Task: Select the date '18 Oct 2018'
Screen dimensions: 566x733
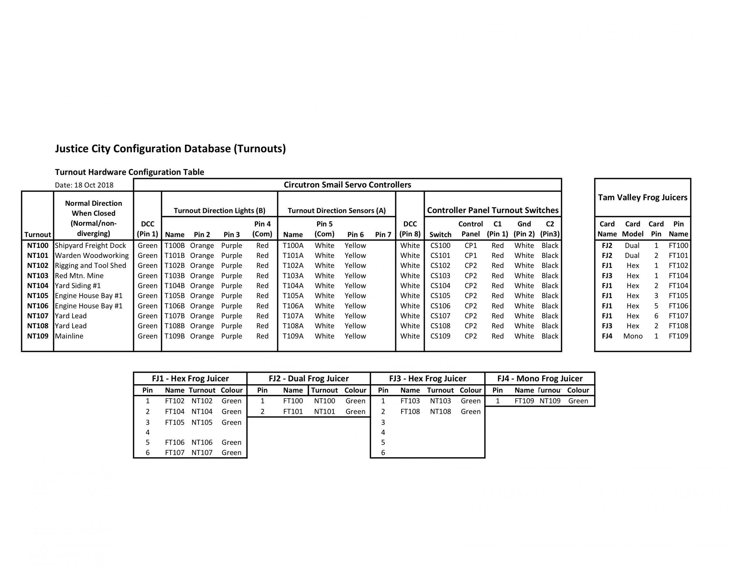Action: tap(94, 185)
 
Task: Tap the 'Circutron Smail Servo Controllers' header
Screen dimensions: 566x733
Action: tap(347, 185)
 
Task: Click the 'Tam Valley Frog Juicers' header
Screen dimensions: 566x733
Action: tap(642, 197)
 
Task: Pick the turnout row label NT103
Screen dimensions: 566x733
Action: tap(38, 276)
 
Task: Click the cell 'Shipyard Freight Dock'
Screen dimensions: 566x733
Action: tap(90, 246)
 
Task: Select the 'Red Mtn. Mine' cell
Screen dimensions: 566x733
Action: tap(79, 276)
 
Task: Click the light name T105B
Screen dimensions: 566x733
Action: tap(174, 296)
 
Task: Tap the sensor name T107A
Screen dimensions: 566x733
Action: tap(293, 316)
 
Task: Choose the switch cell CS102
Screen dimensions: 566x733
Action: tap(440, 266)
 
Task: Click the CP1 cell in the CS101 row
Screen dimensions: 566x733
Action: tap(471, 256)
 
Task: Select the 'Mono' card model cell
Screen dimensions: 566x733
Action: tap(633, 336)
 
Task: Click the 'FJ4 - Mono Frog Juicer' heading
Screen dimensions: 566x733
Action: tap(540, 379)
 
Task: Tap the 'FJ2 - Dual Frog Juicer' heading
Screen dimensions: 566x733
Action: tap(308, 379)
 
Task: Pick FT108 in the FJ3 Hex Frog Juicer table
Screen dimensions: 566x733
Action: tap(410, 412)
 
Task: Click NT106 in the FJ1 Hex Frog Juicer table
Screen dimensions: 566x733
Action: tap(202, 443)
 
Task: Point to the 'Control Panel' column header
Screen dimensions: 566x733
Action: tap(471, 229)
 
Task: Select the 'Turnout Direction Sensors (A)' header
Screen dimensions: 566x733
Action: tap(336, 211)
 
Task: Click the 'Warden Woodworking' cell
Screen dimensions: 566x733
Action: tap(91, 256)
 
